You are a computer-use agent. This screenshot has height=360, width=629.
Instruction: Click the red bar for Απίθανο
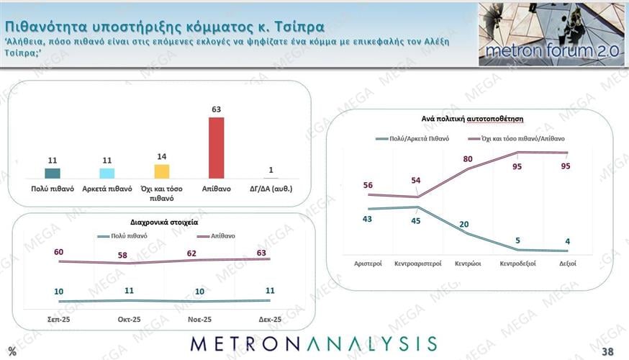click(x=216, y=148)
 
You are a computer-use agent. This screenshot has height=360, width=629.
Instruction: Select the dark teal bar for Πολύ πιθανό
click(x=53, y=173)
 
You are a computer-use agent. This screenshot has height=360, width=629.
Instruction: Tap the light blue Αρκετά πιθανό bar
click(x=107, y=173)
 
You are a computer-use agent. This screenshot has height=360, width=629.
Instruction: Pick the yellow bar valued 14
click(x=161, y=171)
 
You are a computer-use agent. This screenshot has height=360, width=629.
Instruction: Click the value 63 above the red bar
click(x=216, y=109)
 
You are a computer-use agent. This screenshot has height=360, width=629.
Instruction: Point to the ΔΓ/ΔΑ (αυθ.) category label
click(x=271, y=189)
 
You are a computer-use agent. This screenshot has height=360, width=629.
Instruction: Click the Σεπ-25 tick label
click(x=58, y=319)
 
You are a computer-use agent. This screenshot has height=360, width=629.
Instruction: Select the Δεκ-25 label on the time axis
click(x=270, y=319)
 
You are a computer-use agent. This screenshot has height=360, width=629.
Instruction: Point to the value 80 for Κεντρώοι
click(x=469, y=159)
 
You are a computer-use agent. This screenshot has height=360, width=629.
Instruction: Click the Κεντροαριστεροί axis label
click(x=417, y=265)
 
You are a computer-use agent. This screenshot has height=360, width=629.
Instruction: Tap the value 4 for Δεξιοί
click(x=568, y=241)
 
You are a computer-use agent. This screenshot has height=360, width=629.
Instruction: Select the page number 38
click(x=607, y=351)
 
